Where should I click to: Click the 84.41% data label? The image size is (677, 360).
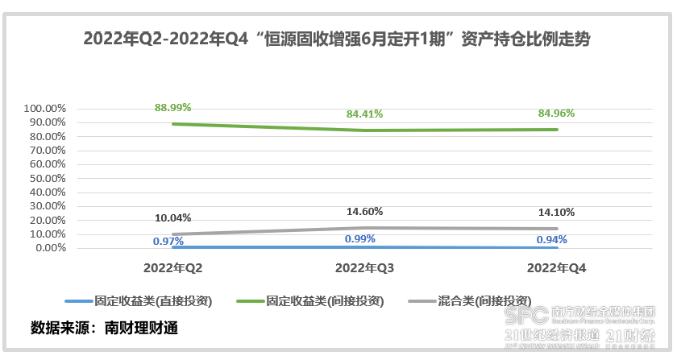pos(363,114)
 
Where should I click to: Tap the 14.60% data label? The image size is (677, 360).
pos(363,211)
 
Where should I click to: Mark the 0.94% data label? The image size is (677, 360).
pos(551,239)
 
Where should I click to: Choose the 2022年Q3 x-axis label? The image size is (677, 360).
pos(364,267)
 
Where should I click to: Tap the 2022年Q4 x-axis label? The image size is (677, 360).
pos(555,267)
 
